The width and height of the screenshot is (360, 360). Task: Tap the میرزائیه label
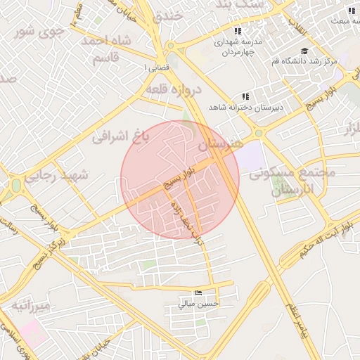[30, 306]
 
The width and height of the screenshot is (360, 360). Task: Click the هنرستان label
[219, 144]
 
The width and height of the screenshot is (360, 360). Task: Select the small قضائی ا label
[153, 67]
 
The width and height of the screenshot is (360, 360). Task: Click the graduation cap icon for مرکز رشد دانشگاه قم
[304, 51]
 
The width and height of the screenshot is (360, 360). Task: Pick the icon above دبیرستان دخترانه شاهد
[245, 96]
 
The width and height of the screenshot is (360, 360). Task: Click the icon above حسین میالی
[198, 293]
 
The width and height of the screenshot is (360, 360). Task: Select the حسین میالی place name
[199, 304]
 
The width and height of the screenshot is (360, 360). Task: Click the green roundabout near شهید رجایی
[15, 186]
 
